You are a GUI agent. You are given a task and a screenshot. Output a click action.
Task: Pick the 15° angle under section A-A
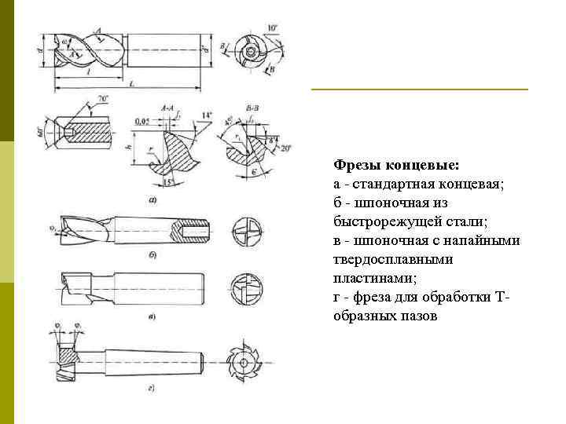167,183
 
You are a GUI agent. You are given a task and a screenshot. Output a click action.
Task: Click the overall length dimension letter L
130,82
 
